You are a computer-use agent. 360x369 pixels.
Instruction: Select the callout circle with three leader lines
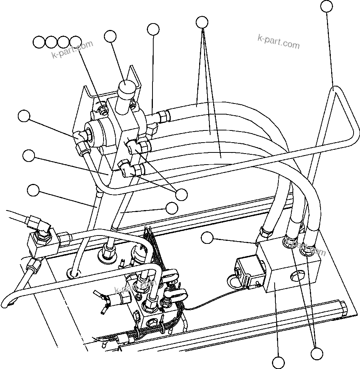pyautogui.click(x=203, y=22)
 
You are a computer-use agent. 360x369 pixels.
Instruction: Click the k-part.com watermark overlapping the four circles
pyautogui.click(x=72, y=50)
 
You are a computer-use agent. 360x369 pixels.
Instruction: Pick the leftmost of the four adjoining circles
pyautogui.click(x=38, y=42)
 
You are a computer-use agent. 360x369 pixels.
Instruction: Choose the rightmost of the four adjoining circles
pyautogui.click(x=76, y=42)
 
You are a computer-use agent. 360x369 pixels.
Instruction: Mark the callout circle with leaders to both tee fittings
pyautogui.click(x=182, y=194)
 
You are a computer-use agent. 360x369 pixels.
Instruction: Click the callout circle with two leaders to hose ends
pyautogui.click(x=317, y=353)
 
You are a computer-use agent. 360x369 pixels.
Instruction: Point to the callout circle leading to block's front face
pyautogui.click(x=278, y=363)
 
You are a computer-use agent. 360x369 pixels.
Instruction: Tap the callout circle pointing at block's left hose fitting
pyautogui.click(x=207, y=238)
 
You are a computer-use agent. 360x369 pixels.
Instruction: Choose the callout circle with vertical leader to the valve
pyautogui.click(x=153, y=29)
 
